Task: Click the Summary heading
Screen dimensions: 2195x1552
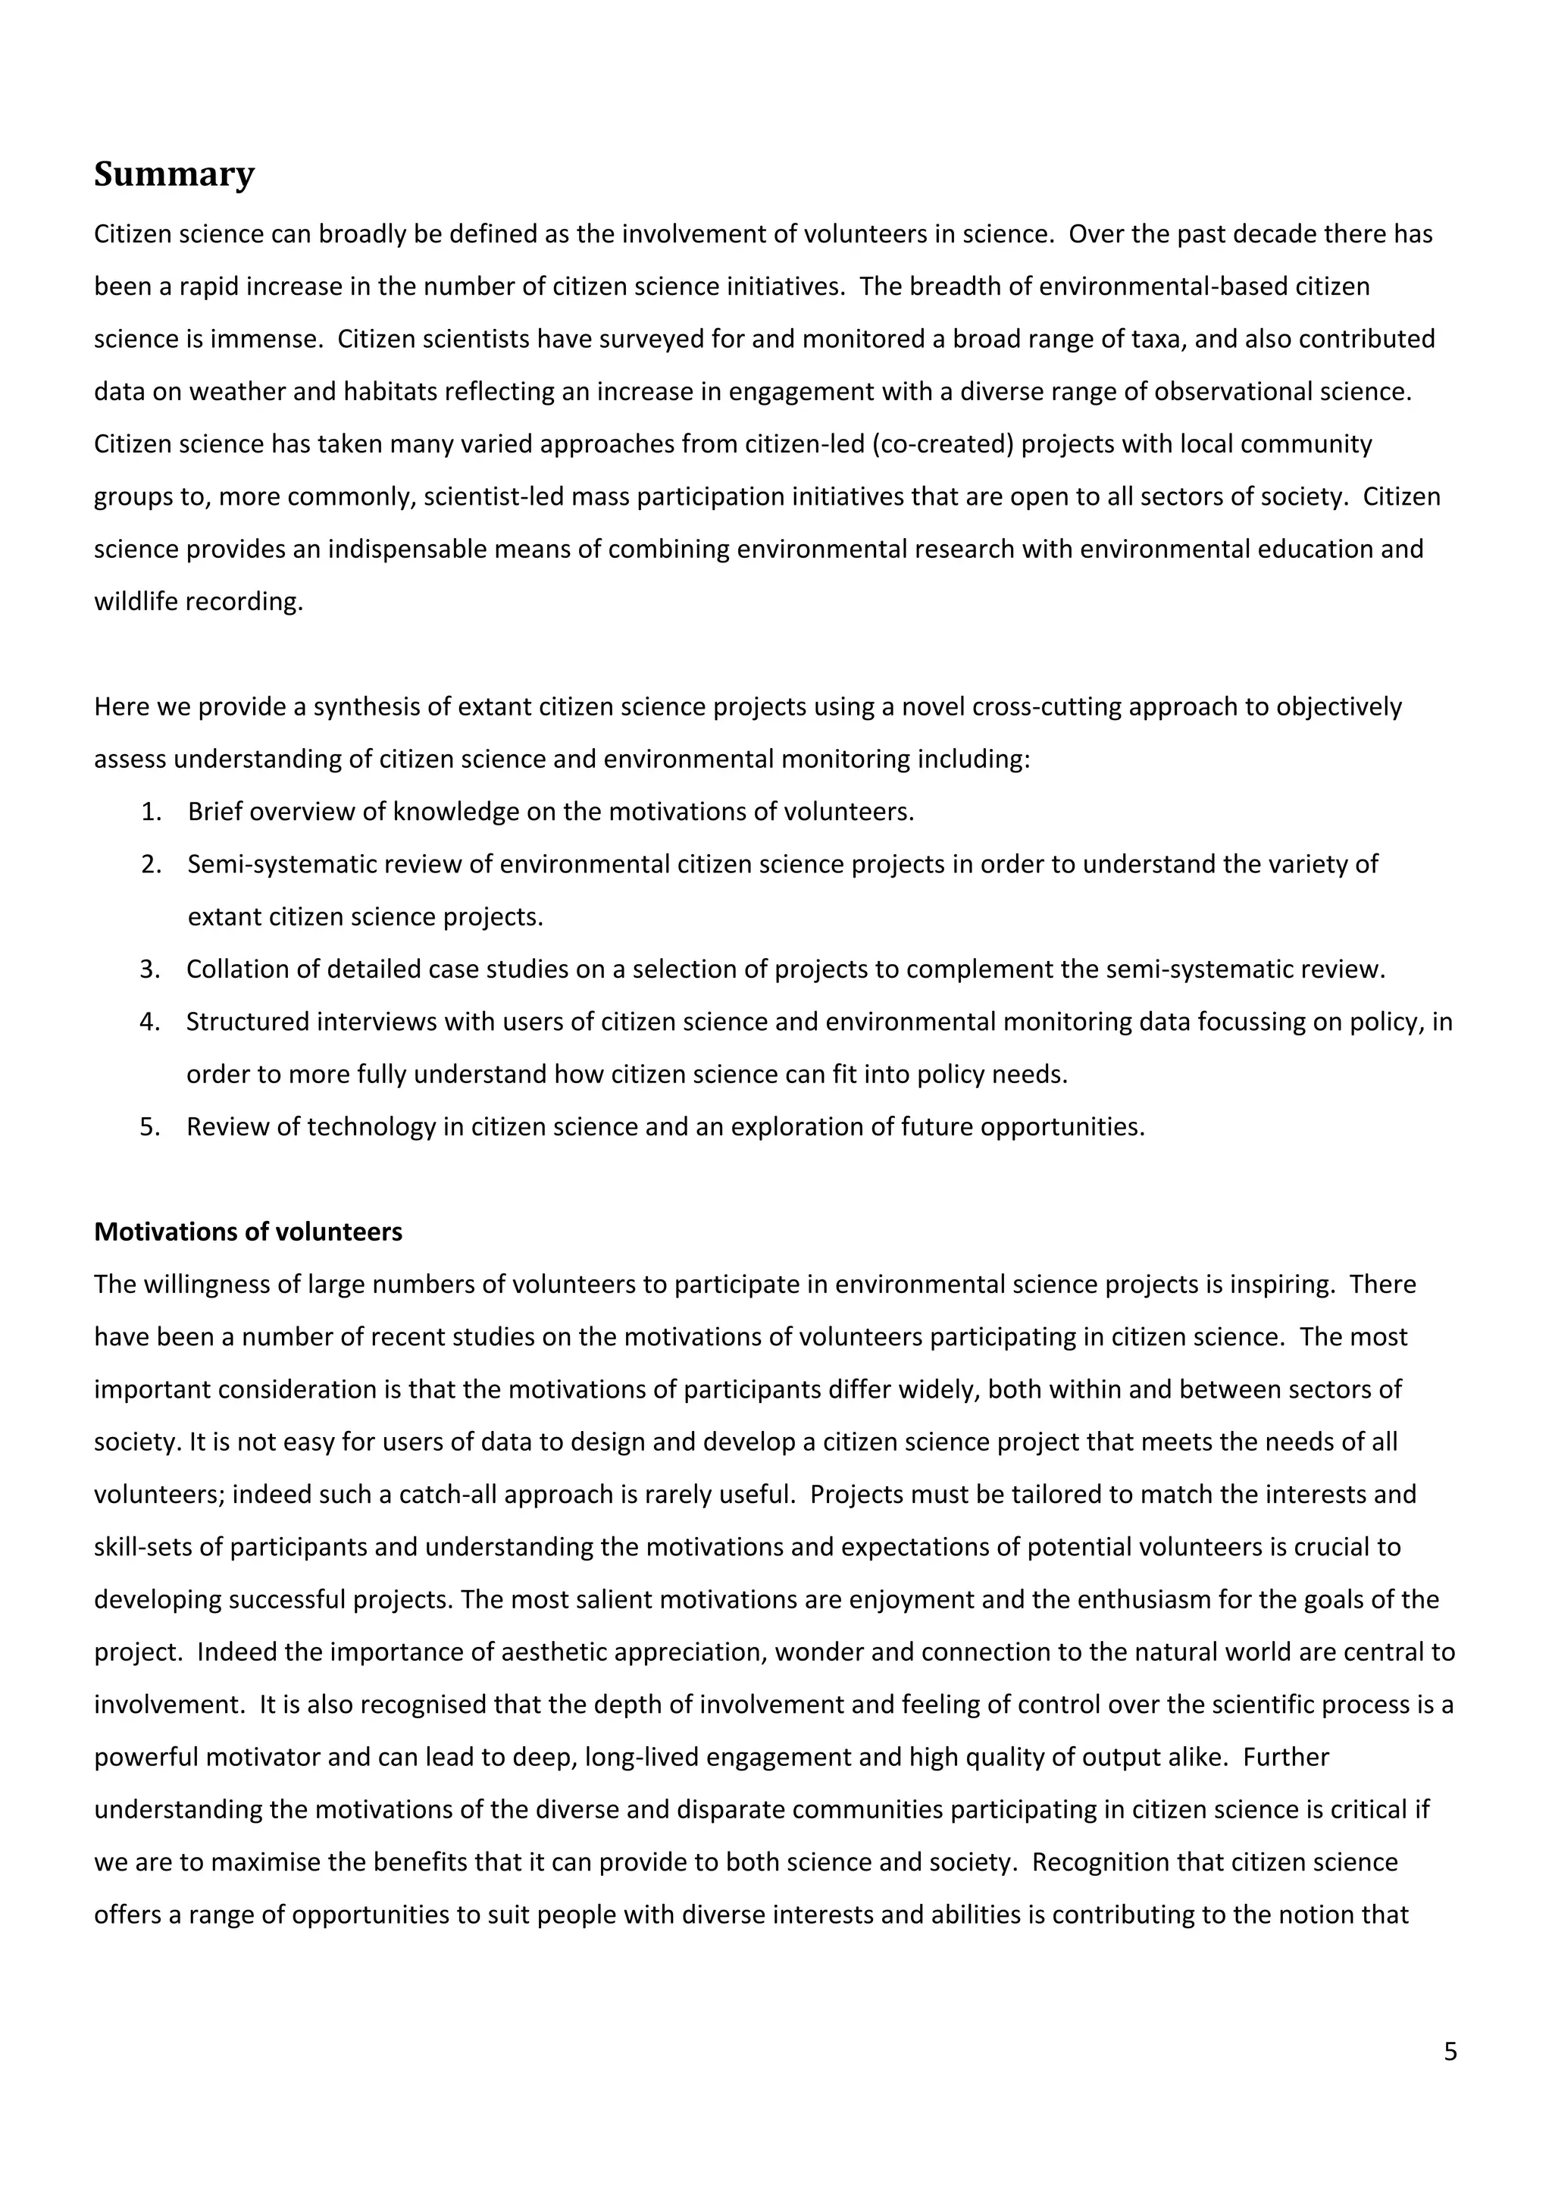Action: point(174,175)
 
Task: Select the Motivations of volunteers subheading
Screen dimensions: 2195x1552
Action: point(248,1232)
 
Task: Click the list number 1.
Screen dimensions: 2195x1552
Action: point(151,812)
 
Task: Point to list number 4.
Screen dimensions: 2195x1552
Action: point(150,1022)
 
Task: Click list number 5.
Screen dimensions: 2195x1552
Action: point(150,1127)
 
